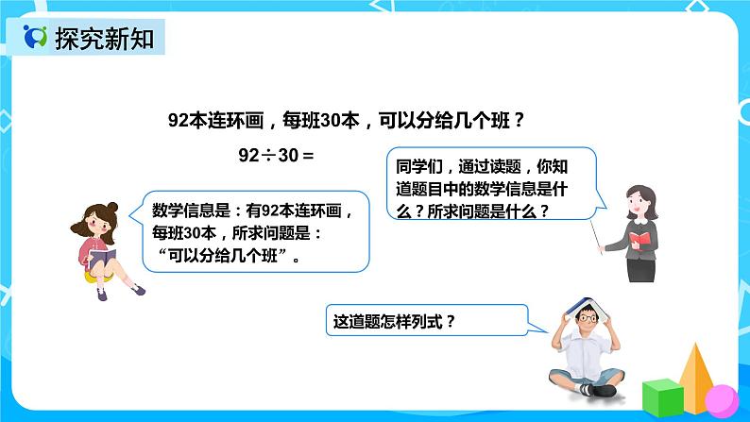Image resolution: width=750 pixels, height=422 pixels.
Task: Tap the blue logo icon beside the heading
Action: point(36,39)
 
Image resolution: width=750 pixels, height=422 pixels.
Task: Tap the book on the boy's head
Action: point(585,305)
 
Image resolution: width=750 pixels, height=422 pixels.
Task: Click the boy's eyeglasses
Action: point(588,319)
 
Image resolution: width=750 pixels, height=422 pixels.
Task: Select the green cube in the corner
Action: point(661,397)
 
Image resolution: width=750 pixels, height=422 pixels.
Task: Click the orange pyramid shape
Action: point(695,372)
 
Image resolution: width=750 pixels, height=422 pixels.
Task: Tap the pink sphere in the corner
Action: point(722,400)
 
